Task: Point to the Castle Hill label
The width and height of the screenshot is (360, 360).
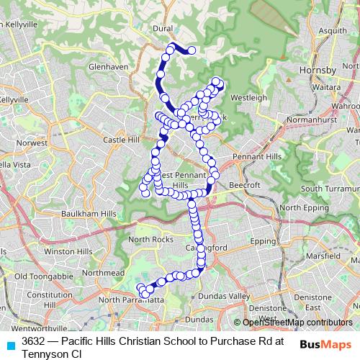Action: coord(120,140)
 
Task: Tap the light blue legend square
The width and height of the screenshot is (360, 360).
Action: coord(11,344)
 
